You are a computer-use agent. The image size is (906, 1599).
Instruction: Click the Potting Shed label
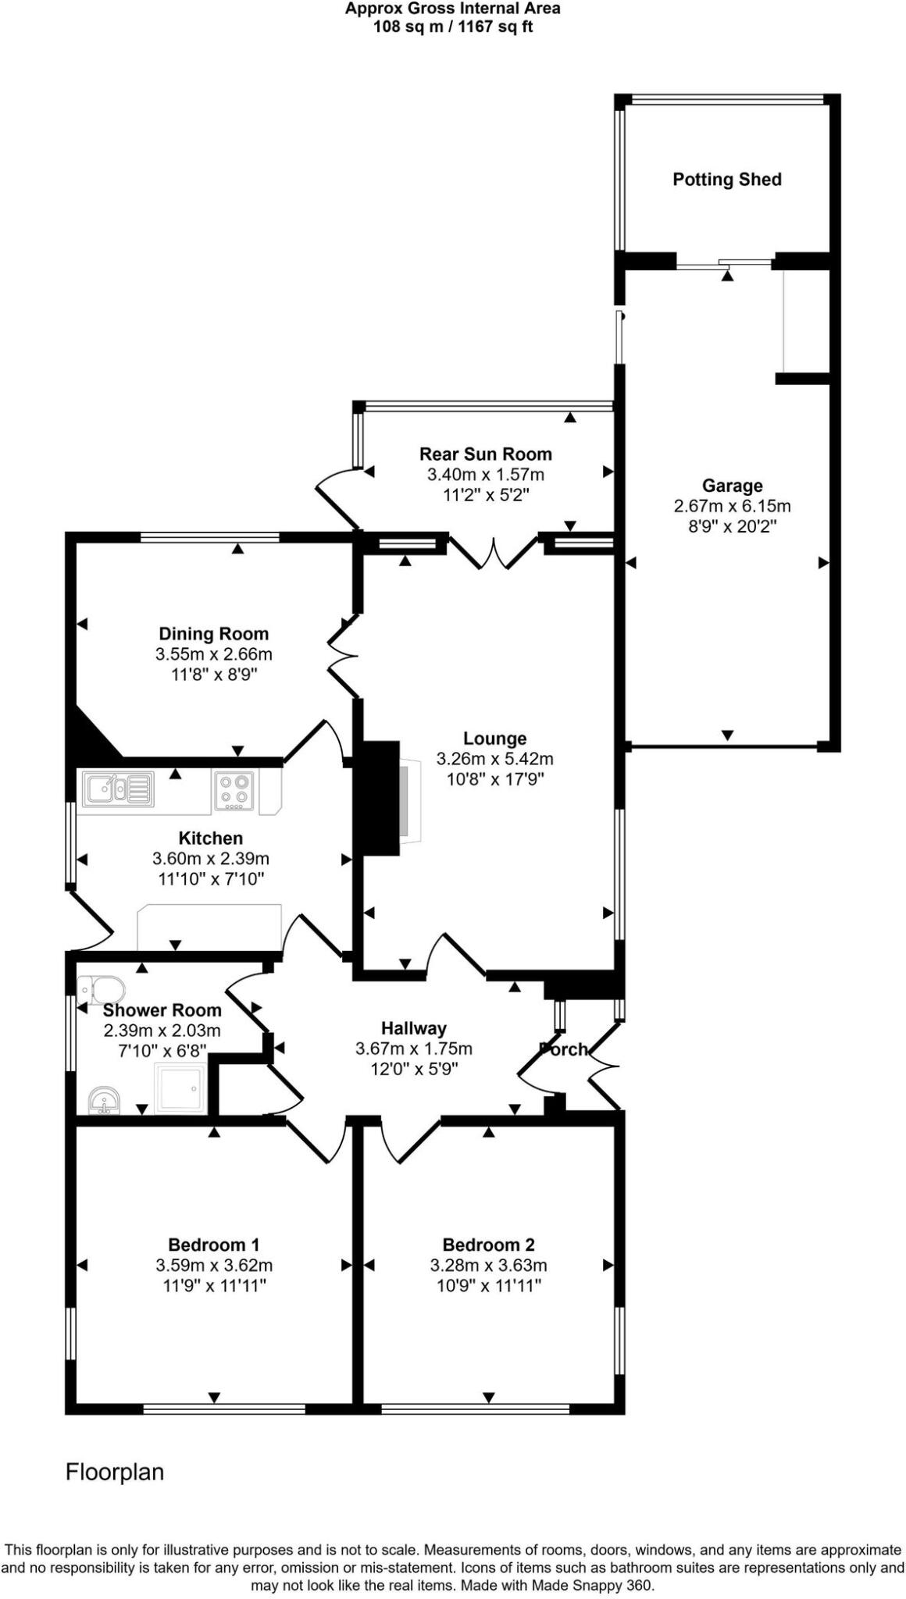(x=726, y=180)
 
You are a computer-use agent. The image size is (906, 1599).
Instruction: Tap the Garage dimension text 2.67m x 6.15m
(x=732, y=506)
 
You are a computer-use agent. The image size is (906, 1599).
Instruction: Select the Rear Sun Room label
(x=485, y=454)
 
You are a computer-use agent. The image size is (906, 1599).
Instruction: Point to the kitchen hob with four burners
(x=234, y=789)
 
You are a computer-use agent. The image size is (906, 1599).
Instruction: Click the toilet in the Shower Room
(x=102, y=990)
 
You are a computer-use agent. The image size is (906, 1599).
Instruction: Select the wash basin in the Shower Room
(x=103, y=1102)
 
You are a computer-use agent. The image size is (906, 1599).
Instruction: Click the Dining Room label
(x=213, y=634)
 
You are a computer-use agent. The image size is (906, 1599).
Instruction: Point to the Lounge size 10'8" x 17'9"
(x=494, y=778)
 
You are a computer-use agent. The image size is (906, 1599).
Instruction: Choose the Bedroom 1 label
(x=213, y=1245)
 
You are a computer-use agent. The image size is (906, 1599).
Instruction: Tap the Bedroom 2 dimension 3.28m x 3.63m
(x=488, y=1265)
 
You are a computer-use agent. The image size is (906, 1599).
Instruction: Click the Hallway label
(x=413, y=1028)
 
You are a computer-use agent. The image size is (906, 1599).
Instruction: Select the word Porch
(x=564, y=1050)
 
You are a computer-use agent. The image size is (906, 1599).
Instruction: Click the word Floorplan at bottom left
(x=115, y=1473)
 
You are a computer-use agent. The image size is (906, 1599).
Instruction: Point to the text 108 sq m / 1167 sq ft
(x=453, y=27)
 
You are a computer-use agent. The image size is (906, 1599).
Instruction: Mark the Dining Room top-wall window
(x=209, y=537)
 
